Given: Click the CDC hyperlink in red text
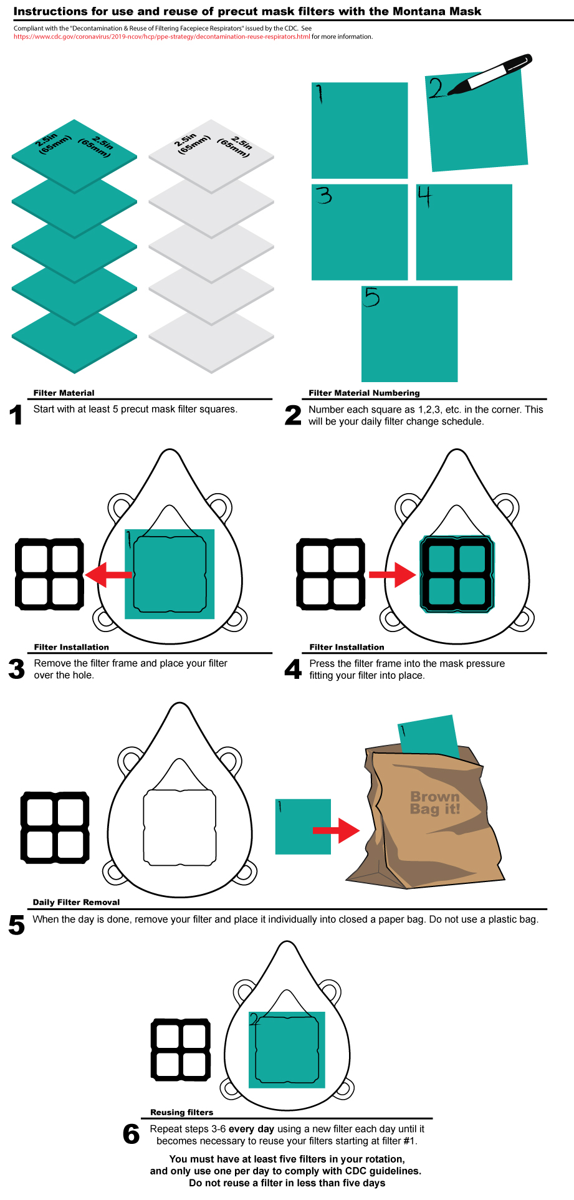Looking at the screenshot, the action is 162,37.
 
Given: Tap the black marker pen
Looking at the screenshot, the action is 489,75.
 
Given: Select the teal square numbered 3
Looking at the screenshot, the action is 360,232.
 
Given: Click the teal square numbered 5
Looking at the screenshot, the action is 409,334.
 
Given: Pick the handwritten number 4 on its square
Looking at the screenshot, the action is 424,196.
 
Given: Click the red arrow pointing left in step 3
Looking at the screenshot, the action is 108,574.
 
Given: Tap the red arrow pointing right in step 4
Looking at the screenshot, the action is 393,574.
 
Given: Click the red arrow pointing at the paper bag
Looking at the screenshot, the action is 336,830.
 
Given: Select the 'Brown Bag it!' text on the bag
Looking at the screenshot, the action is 435,803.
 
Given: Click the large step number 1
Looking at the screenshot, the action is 16,415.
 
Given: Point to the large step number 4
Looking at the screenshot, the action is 293,670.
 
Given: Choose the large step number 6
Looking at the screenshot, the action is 132,1134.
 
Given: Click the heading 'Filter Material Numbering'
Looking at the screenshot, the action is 364,393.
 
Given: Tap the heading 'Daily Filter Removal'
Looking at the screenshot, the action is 76,902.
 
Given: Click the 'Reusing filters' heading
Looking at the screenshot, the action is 181,1112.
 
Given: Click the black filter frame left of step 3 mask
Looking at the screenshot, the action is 49,574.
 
